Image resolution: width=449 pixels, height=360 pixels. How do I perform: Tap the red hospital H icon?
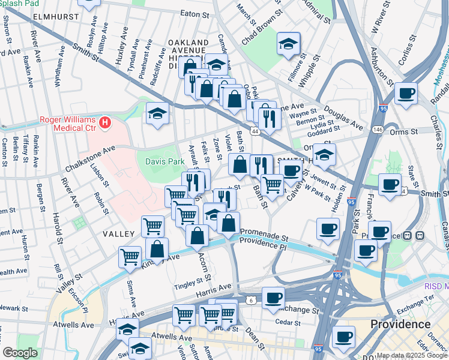tap(106, 123)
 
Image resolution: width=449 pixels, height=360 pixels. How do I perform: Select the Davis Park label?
tap(164, 161)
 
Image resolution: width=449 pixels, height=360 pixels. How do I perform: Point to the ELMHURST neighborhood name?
tap(56, 16)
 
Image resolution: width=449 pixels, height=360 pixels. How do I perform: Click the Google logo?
tap(20, 353)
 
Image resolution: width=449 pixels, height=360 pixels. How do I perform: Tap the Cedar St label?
tap(289, 323)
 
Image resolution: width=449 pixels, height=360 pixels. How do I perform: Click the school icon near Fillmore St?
tap(288, 44)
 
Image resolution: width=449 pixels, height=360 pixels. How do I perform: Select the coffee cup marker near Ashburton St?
tap(406, 94)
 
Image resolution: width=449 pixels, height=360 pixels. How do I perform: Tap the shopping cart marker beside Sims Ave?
tap(130, 257)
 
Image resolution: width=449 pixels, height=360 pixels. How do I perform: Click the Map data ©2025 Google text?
tap(412, 355)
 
